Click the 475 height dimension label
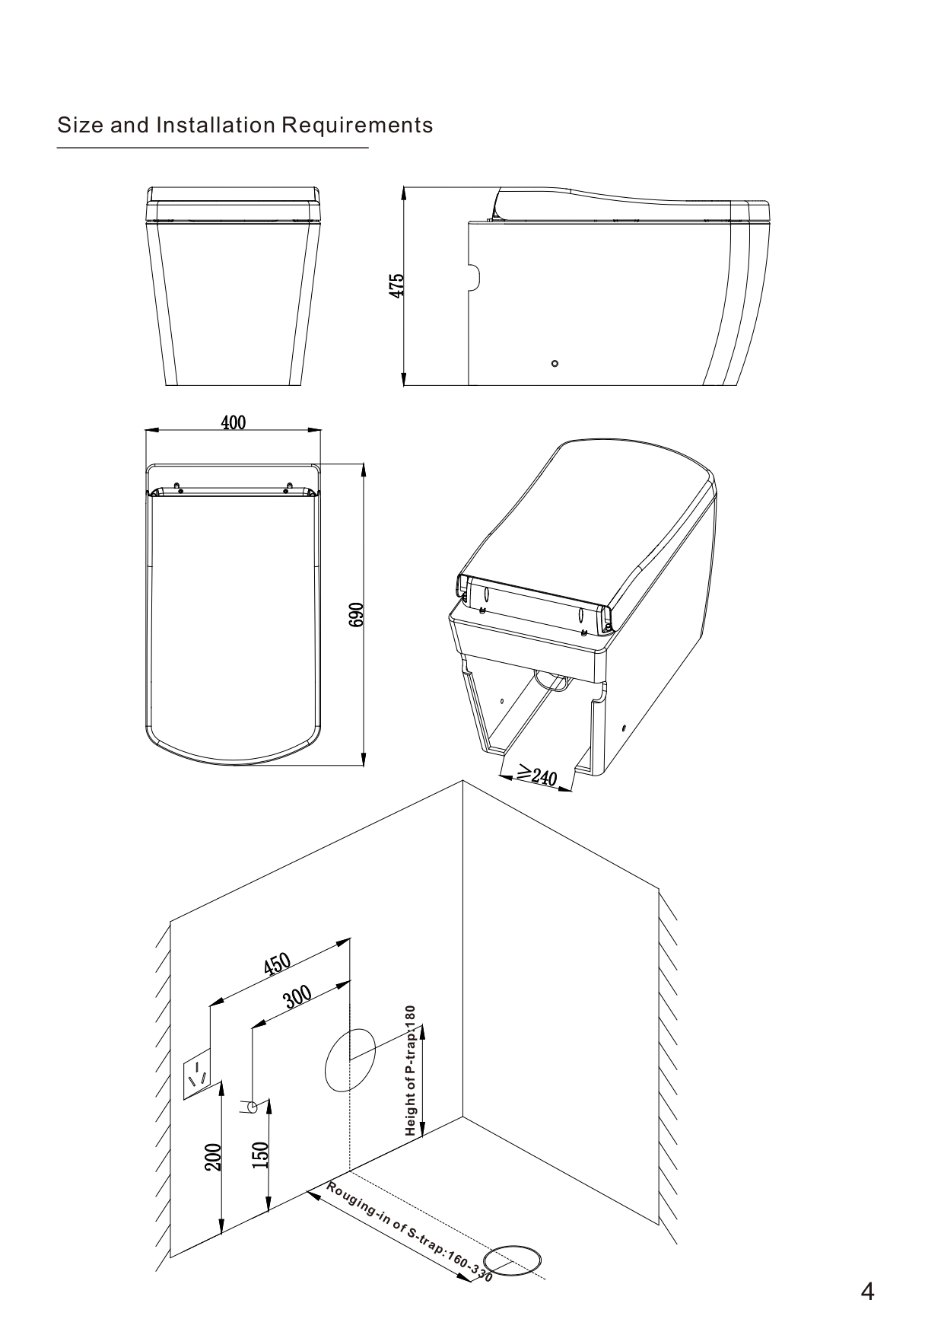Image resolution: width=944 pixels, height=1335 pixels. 396,285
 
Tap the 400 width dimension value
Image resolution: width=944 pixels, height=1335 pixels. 234,422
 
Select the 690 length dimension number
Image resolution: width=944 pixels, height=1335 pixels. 356,615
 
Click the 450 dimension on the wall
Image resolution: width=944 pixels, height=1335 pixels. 278,964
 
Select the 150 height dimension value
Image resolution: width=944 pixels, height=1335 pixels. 260,1155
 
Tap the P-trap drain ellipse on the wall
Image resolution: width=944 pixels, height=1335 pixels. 350,1059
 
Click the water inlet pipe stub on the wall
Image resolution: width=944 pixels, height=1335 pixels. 250,1107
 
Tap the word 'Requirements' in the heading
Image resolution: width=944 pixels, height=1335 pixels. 358,126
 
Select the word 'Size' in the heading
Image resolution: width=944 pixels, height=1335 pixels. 81,125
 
